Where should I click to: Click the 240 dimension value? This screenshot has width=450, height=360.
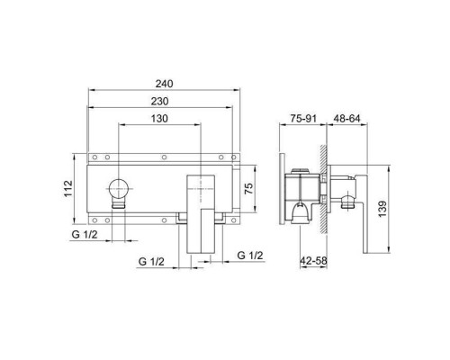164,84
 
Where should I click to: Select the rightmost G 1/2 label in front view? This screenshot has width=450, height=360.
248,255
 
